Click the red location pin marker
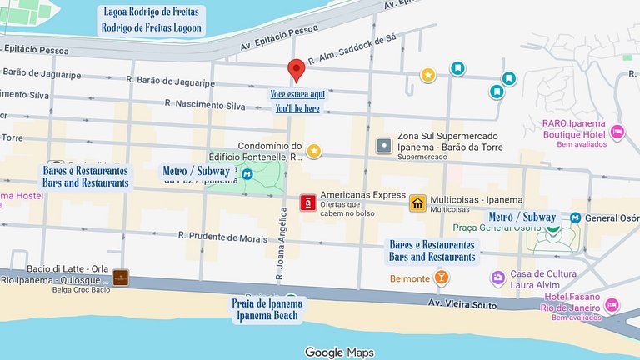(296, 71)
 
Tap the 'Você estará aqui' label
(298, 94)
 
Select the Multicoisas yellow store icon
(417, 202)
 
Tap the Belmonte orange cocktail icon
(442, 277)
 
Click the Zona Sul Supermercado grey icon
(383, 146)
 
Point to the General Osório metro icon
(575, 217)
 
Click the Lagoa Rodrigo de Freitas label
(151, 12)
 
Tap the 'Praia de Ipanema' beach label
(268, 302)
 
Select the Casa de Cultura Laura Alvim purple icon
(497, 277)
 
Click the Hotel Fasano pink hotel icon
(613, 305)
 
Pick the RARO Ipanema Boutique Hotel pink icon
(617, 131)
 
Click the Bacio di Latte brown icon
(121, 277)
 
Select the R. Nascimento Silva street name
(205, 105)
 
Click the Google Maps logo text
(338, 352)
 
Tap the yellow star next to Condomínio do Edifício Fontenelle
(314, 151)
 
